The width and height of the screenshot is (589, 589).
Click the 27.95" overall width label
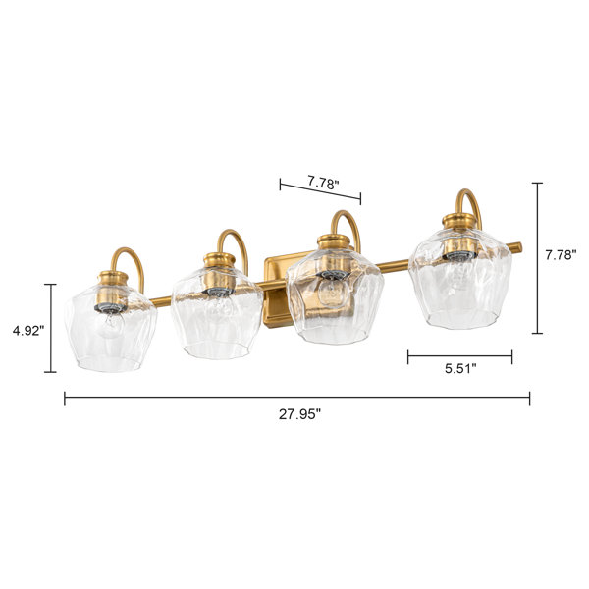pos(299,414)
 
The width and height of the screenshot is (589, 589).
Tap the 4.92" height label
pos(28,331)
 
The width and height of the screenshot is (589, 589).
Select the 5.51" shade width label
pos(460,369)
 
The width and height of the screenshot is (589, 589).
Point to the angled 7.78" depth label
pos(323,183)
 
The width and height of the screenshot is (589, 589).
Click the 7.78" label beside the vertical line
pos(561,255)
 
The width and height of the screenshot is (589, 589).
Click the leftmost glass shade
pos(110,328)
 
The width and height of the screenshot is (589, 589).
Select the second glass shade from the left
pos(217,312)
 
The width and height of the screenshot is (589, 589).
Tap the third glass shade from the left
pos(335,296)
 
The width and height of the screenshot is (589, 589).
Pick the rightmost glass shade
pos(460,279)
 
